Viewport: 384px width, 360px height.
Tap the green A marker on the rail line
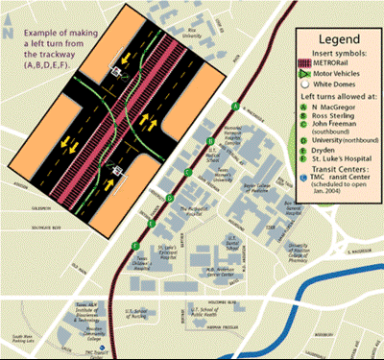234,105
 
